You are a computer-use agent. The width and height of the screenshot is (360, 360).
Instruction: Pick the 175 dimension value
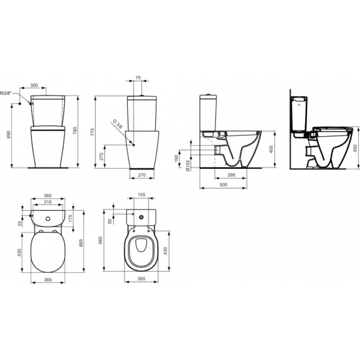[x=70, y=217]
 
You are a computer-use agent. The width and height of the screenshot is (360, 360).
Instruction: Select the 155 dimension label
[x=142, y=196]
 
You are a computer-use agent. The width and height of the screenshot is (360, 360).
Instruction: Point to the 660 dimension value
[x=101, y=240]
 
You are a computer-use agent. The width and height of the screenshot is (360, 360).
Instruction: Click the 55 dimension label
[x=21, y=223]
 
